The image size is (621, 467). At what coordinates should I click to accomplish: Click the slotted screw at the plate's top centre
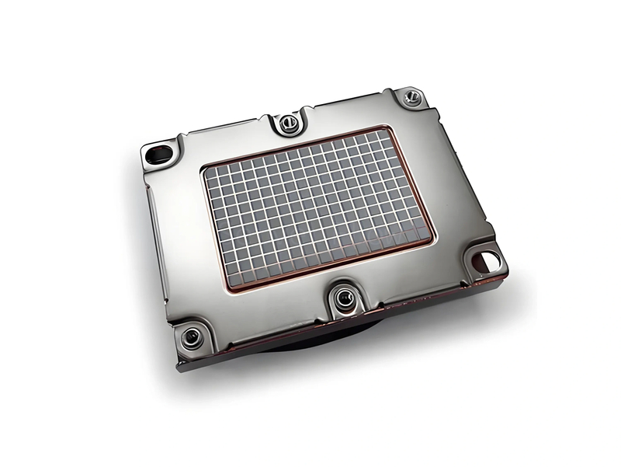tap(288, 121)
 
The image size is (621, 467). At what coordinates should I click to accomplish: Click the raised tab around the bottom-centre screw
tap(342, 309)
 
